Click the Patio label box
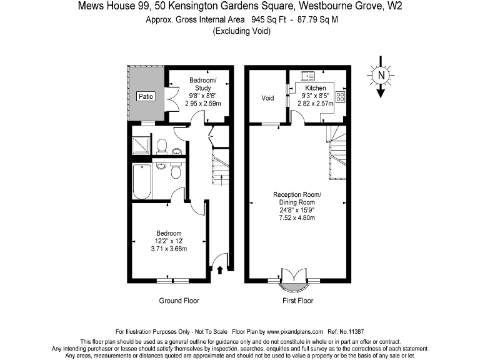pyautogui.click(x=146, y=97)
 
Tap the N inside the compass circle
pyautogui.click(x=380, y=76)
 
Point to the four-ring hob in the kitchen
pyautogui.click(x=341, y=97)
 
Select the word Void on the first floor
pyautogui.click(x=267, y=98)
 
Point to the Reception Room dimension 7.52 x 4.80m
pyautogui.click(x=297, y=218)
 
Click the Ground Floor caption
pyautogui.click(x=179, y=301)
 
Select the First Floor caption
pyautogui.click(x=297, y=301)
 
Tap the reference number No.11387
pyautogui.click(x=351, y=331)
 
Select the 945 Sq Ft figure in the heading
pyautogui.click(x=266, y=19)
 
